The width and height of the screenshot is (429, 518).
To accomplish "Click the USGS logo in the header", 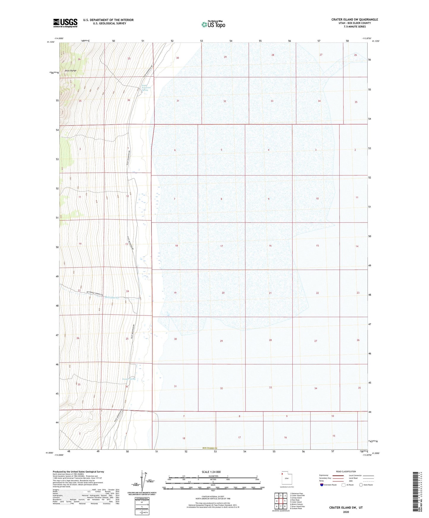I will (65, 23).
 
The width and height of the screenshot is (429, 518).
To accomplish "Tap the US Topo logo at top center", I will (213, 24).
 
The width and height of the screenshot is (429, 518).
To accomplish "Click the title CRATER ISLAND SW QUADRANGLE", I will (354, 20).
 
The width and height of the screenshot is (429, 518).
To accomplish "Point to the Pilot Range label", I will (71, 71).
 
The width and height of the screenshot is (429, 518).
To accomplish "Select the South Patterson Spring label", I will (146, 88).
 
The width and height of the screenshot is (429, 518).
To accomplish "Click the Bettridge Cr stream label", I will (112, 298).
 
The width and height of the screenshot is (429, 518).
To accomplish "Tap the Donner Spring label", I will (129, 379).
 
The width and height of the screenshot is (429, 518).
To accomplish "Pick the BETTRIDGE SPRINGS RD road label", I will (95, 293).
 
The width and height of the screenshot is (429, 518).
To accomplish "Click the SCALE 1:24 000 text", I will (211, 472).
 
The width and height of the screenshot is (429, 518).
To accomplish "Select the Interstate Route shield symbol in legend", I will (322, 485).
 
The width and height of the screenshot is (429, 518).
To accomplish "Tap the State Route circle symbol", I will (361, 485).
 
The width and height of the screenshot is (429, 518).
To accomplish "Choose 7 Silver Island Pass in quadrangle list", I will (297, 506).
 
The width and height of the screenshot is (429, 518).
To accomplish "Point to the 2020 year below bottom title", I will (346, 512).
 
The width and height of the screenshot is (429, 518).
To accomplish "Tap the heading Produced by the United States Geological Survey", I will (78, 471).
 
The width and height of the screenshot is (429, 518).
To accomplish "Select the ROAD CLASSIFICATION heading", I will (346, 471).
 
